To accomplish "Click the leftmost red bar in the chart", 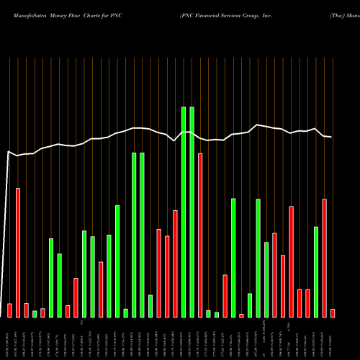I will (x=9, y=310).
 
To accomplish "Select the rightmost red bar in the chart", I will (x=333, y=312).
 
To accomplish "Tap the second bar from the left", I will (x=18, y=252).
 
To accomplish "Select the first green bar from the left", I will (x=35, y=313).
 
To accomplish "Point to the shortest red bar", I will (x=241, y=315).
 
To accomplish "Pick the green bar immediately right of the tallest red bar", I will (x=208, y=313).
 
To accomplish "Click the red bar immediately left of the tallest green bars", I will (x=175, y=264).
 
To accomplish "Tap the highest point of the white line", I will (x=258, y=125).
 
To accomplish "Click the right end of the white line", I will (x=332, y=137).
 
